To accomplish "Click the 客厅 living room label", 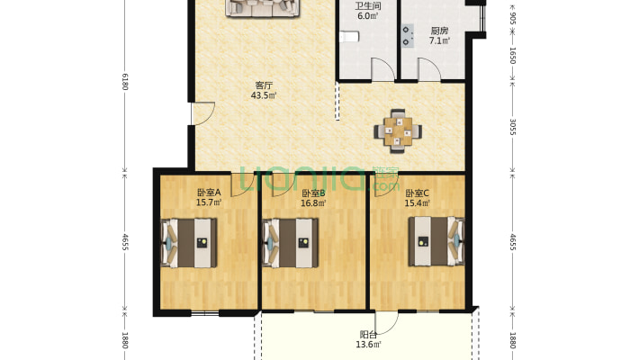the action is pos(264,85).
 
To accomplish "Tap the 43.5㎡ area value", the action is pos(264,95).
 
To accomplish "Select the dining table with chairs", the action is pos(398,130).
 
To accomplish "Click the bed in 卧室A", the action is pos(188,243).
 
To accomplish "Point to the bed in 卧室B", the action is pos(290,243).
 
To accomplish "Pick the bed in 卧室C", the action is pos(436,241).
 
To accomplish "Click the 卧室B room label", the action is pos(313,193).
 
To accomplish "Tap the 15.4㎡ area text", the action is pos(418,202).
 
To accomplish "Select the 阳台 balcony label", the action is pos(368,335).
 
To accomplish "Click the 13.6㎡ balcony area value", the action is pos(368,345).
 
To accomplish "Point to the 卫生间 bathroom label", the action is pos(367,6).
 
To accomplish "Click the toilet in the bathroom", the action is pos(349,36).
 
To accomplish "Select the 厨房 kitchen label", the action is pos(439,31).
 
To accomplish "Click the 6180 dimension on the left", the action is pos(125,82).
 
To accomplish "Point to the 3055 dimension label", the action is pos(513,127).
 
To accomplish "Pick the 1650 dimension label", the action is pos(513,56).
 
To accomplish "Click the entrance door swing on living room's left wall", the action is pos(202,113).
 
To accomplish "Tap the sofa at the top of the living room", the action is pos(263,8).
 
